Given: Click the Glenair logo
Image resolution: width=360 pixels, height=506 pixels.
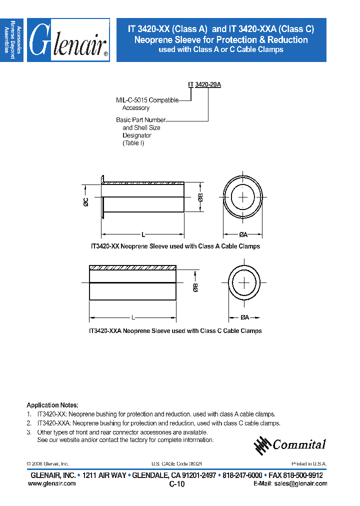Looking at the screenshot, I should (68, 40).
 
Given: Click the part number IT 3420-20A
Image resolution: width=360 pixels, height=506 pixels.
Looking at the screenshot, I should (204, 85).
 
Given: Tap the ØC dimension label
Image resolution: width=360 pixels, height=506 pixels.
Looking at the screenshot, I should (85, 201).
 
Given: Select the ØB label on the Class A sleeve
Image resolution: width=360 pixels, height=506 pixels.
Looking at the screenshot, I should (200, 197).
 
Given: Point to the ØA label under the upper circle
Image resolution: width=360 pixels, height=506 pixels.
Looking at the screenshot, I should (243, 234).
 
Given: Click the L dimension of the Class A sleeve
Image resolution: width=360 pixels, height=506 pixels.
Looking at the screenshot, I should (143, 234).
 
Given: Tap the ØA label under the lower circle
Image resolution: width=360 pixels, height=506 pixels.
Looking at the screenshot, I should (244, 317).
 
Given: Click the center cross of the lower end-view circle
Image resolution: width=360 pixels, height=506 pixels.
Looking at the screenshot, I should (244, 282).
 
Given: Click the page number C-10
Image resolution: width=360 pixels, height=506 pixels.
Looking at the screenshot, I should (177, 484).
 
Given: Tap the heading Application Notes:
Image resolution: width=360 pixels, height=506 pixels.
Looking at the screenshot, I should (52, 405).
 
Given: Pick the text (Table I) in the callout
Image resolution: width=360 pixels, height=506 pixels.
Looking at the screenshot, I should (133, 143).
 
